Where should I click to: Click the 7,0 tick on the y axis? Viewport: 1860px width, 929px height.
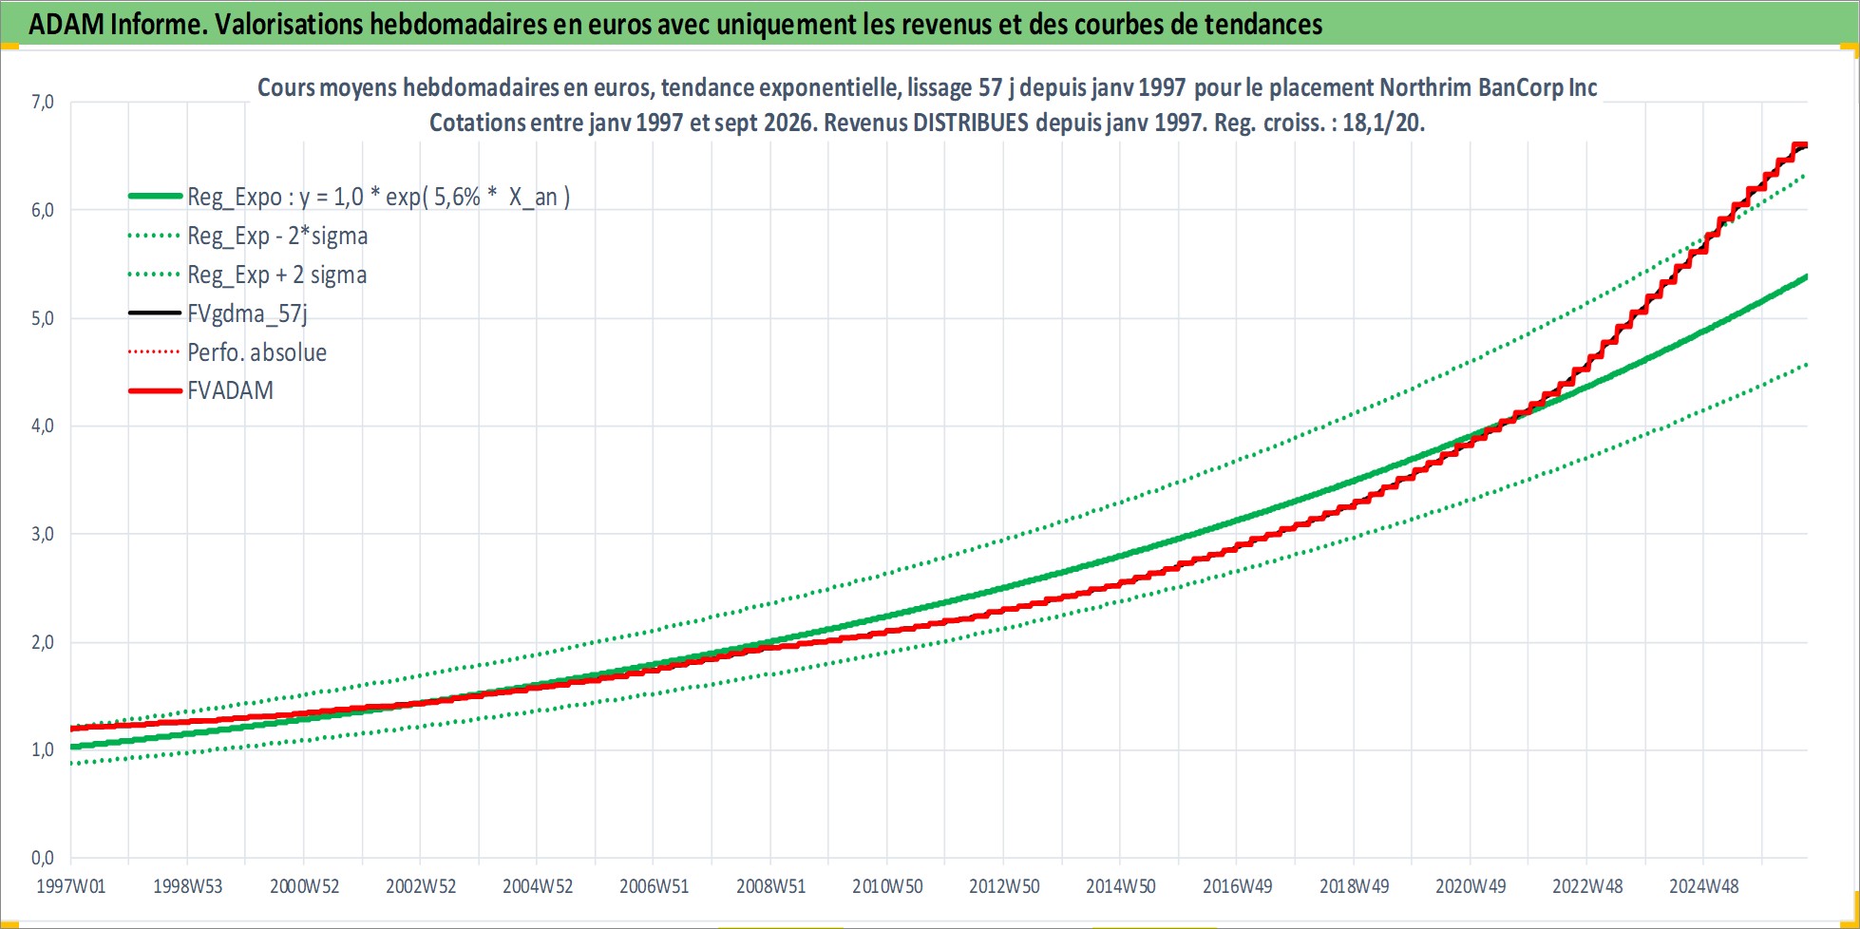coord(43,102)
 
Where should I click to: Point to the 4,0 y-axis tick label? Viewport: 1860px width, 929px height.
coord(43,426)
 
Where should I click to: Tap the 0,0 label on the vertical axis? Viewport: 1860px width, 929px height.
coord(43,858)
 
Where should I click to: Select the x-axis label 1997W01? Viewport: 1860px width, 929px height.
coord(71,886)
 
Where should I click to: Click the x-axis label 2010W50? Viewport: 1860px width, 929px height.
coord(887,886)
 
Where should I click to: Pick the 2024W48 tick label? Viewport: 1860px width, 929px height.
coord(1704,886)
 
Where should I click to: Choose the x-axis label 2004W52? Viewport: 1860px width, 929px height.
coord(538,886)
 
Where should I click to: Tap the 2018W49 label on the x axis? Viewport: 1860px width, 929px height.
coord(1354,886)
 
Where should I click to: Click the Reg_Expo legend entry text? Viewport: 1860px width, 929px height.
coord(379,197)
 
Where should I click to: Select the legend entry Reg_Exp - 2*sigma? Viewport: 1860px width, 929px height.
coord(277,236)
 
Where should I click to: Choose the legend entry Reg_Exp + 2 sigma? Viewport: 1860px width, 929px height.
coord(277,275)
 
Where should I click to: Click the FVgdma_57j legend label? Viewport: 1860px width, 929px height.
coord(247,313)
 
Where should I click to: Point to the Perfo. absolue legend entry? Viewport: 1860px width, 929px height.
coord(257,352)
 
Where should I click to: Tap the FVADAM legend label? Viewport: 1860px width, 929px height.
coord(231,390)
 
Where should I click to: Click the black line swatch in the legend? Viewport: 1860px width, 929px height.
coord(155,313)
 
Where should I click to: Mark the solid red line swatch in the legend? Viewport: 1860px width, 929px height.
coord(155,390)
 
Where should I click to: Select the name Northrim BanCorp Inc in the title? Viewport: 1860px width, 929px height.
coord(1489,87)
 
